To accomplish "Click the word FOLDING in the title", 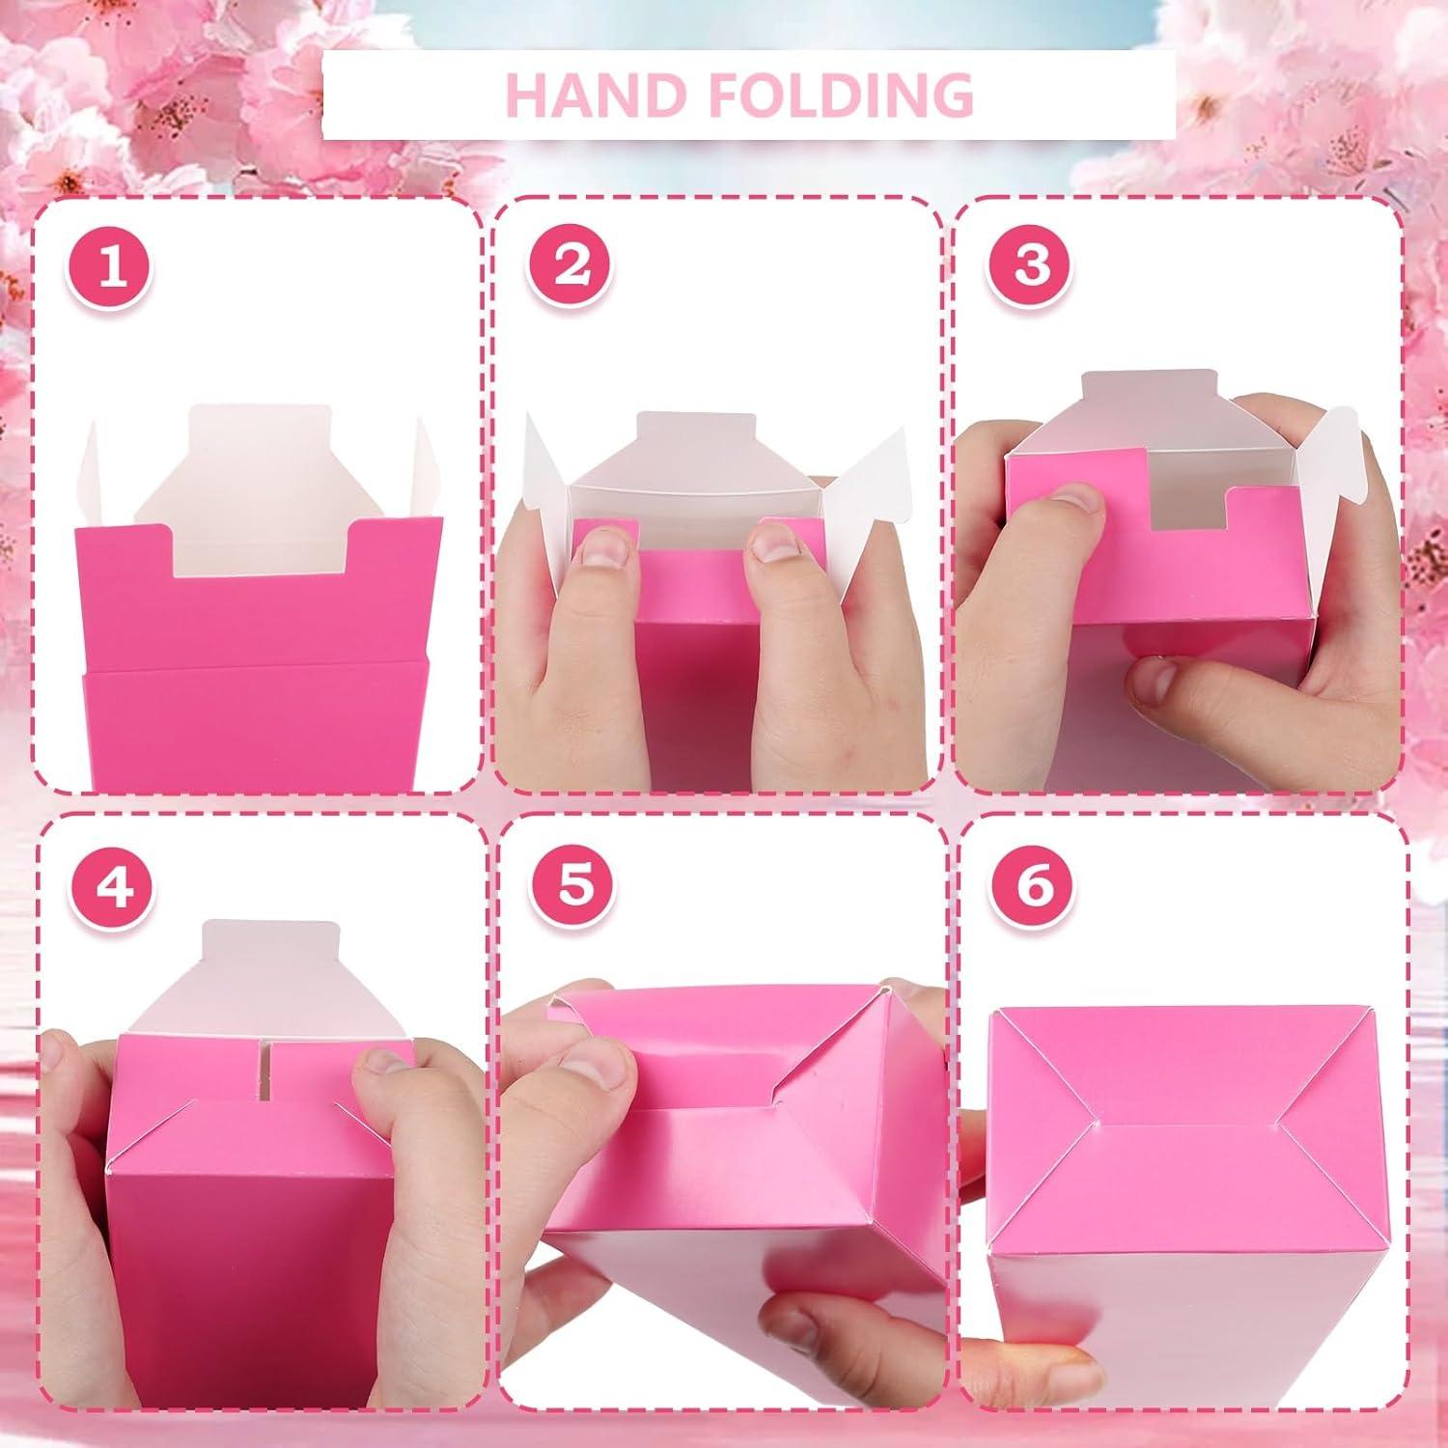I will click(819, 94).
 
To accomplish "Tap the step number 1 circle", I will click(112, 265).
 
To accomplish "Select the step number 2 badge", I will click(572, 265).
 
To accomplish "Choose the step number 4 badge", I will click(114, 884).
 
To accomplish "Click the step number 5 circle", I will click(574, 884).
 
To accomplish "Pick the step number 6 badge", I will click(1035, 884).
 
